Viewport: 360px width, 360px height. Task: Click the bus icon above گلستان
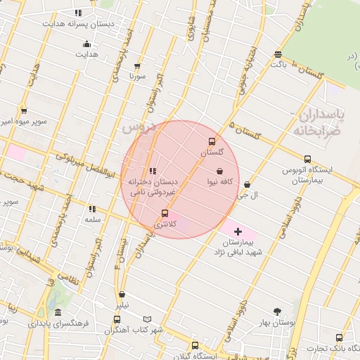click(212, 141)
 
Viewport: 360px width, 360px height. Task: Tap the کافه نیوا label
click(220, 181)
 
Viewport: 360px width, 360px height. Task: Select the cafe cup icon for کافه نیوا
click(220, 171)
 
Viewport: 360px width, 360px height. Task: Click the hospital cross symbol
click(238, 231)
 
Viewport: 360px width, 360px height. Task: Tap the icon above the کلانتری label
click(165, 213)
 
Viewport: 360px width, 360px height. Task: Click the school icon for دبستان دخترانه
click(153, 171)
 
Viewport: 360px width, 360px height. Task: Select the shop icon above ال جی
click(247, 185)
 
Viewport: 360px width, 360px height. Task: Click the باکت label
click(279, 64)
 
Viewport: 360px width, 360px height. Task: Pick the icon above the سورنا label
click(136, 65)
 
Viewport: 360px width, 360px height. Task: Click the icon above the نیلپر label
click(122, 295)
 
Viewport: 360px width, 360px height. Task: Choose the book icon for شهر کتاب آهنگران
click(147, 319)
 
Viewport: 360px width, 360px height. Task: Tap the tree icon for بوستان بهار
click(277, 311)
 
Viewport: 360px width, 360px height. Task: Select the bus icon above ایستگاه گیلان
click(195, 345)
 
